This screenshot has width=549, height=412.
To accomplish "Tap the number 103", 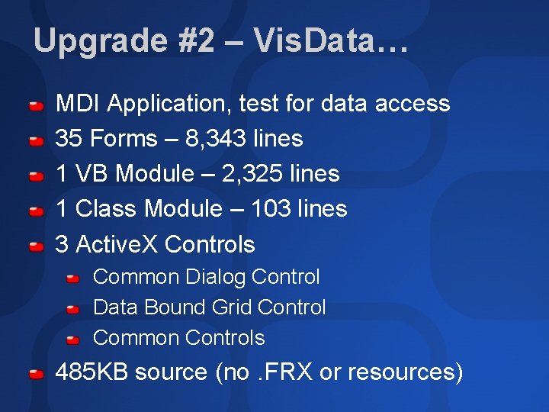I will pos(272,209).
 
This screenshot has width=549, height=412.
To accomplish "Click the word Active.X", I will pos(117,245).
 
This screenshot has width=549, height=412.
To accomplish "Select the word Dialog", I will pos(215,277).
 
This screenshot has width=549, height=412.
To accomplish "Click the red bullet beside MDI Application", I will pos(36,105).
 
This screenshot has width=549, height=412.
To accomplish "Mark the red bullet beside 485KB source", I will pos(36,374).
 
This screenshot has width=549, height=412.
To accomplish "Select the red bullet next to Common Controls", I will pos(72,339).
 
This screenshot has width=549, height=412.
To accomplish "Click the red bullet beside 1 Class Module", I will pos(36,211).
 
